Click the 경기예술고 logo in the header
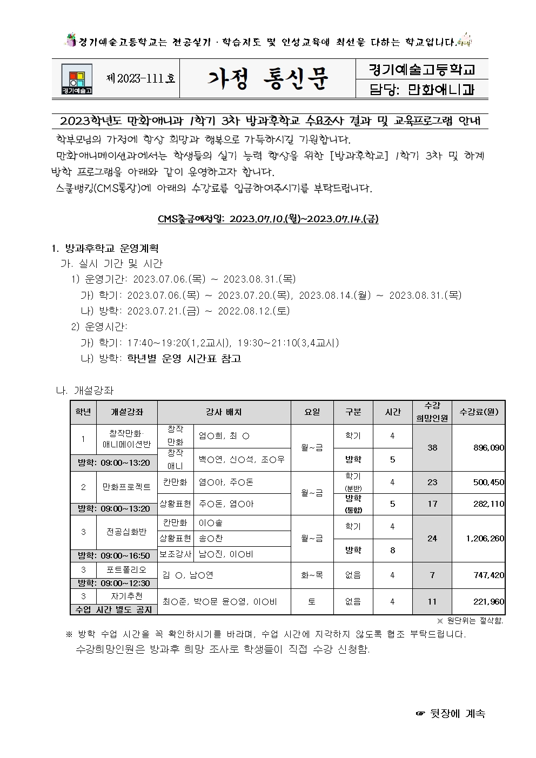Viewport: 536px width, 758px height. click(76, 79)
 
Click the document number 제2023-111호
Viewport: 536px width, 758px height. click(141, 78)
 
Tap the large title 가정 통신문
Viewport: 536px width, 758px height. click(267, 79)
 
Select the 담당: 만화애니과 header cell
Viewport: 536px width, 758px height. click(421, 89)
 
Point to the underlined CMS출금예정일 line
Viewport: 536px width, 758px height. click(268, 219)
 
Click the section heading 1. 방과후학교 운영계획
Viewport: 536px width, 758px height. click(104, 249)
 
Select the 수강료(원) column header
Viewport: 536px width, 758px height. click(478, 412)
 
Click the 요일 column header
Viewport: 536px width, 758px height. click(312, 412)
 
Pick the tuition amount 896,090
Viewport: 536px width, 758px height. click(488, 448)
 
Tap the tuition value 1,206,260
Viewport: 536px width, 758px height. click(484, 539)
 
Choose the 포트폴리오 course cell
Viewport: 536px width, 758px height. click(126, 570)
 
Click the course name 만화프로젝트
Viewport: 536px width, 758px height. click(126, 487)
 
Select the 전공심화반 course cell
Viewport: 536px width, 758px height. click(126, 532)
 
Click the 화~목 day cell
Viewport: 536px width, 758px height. click(312, 575)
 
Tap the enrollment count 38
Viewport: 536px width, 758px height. click(432, 448)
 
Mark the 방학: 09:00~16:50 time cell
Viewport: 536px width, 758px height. click(113, 555)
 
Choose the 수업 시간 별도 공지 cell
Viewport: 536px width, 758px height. click(113, 609)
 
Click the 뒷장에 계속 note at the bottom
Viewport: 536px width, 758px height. click(451, 714)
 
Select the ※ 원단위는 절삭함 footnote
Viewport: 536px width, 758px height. click(470, 621)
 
